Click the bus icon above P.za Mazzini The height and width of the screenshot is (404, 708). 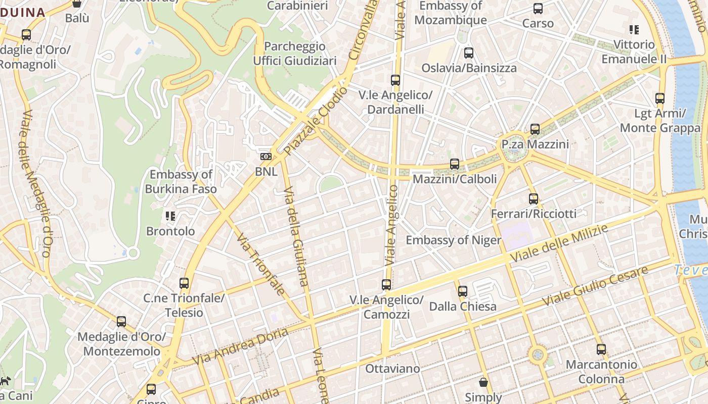[535, 129]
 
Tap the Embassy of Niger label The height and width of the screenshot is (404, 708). [453, 240]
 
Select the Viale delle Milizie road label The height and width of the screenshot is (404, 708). [559, 244]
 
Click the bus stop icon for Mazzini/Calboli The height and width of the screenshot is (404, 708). [455, 164]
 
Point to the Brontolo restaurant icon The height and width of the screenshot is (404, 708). [170, 216]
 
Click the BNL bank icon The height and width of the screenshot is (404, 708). [266, 157]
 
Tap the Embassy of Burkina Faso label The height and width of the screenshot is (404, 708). [181, 182]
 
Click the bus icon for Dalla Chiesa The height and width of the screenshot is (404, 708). [463, 291]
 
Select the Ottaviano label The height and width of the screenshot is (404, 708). [392, 369]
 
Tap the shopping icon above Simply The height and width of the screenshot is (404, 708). [483, 382]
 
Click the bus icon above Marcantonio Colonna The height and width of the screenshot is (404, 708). [601, 349]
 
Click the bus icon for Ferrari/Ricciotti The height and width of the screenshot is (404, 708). [534, 198]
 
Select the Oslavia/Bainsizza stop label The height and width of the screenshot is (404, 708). [469, 68]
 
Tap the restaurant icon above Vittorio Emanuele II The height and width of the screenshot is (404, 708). [634, 30]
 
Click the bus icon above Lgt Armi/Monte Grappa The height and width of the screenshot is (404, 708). [660, 98]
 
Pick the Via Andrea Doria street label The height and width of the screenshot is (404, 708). [240, 346]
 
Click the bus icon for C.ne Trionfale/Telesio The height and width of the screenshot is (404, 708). [184, 283]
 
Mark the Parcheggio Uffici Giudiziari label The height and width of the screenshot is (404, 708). [295, 54]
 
